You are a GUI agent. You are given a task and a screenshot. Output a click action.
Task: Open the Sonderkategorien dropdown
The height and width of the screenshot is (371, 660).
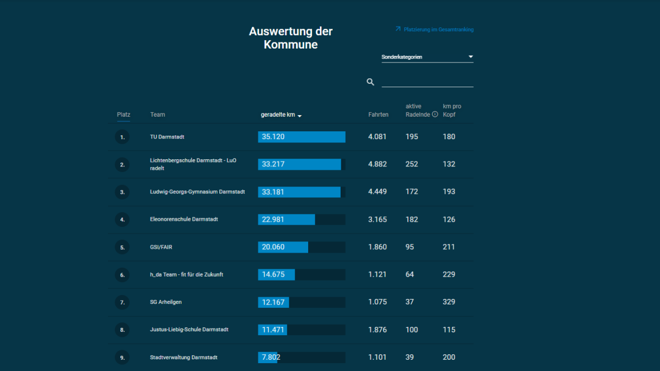click(427, 57)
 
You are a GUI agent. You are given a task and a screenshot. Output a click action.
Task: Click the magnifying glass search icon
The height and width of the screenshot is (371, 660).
click(370, 82)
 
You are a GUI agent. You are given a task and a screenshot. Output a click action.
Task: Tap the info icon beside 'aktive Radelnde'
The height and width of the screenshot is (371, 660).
click(435, 115)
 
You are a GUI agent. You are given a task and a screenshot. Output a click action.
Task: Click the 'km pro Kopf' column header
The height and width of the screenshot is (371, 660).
click(452, 110)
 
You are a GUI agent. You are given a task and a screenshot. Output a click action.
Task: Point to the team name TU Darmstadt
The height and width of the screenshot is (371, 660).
click(167, 137)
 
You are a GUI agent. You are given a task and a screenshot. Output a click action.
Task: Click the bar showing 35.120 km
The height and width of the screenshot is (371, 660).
click(301, 137)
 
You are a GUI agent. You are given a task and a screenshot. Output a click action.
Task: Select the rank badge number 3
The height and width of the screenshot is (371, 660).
click(122, 192)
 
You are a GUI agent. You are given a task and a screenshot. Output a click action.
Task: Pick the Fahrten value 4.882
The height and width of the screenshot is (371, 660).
click(378, 164)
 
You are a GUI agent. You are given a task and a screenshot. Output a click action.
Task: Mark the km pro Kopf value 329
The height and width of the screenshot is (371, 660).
click(449, 302)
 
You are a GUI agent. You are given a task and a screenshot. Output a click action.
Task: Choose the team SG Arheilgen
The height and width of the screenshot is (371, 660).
click(166, 302)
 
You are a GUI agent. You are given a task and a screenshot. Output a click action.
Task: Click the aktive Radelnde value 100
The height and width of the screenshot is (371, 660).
click(412, 330)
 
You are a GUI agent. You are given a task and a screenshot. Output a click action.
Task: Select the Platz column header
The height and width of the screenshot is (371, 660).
click(124, 115)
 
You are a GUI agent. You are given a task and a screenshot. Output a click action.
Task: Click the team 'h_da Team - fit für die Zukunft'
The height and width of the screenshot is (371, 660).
click(186, 275)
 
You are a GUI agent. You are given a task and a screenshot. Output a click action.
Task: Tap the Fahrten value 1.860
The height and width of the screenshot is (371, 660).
click(378, 247)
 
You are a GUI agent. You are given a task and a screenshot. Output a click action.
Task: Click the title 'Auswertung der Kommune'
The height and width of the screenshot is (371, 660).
click(291, 38)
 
